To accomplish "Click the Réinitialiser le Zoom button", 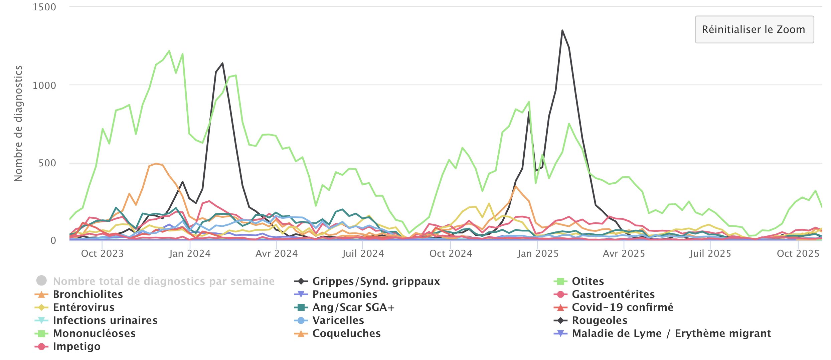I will pyautogui.click(x=754, y=29).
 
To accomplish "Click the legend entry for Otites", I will pyautogui.click(x=588, y=281).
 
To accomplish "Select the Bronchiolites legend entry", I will pyautogui.click(x=88, y=294).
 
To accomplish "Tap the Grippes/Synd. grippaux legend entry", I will pyautogui.click(x=376, y=281).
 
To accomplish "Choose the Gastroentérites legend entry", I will pyautogui.click(x=613, y=294).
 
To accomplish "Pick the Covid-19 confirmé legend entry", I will pyautogui.click(x=622, y=307).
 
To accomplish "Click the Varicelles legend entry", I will pyautogui.click(x=338, y=320).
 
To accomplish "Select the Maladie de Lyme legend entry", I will pyautogui.click(x=671, y=333).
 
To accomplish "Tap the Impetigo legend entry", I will pyautogui.click(x=76, y=346).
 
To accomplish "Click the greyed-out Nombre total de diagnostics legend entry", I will pyautogui.click(x=163, y=281).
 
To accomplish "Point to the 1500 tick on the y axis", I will pyautogui.click(x=44, y=7).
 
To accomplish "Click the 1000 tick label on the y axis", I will pyautogui.click(x=44, y=85).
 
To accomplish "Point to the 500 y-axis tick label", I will pyautogui.click(x=47, y=163).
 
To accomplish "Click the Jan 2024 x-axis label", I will pyautogui.click(x=190, y=253).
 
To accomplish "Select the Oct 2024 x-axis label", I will pyautogui.click(x=451, y=253).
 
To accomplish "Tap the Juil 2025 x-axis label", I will pyautogui.click(x=710, y=253).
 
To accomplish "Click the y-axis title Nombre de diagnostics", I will pyautogui.click(x=18, y=124).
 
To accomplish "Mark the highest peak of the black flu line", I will pyautogui.click(x=562, y=30).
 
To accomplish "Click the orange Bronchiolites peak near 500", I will pyautogui.click(x=156, y=164).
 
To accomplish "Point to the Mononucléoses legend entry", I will pyautogui.click(x=94, y=333).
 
